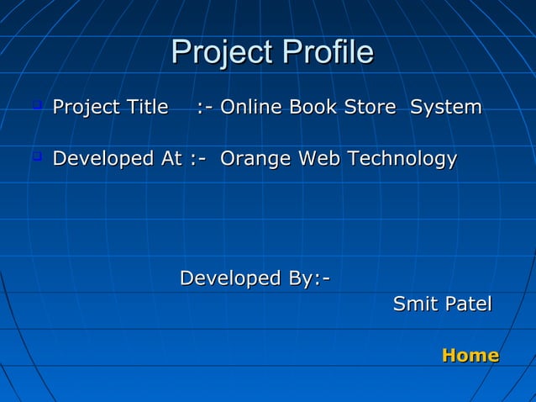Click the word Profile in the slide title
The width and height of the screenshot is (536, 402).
327,53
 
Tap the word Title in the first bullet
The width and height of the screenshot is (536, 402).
146,108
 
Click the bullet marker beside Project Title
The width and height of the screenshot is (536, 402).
37,106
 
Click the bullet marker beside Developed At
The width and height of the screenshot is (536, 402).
37,156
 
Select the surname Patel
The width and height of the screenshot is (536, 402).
468,304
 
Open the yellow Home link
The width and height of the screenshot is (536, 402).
470,356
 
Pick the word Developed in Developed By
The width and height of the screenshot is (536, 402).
230,278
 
